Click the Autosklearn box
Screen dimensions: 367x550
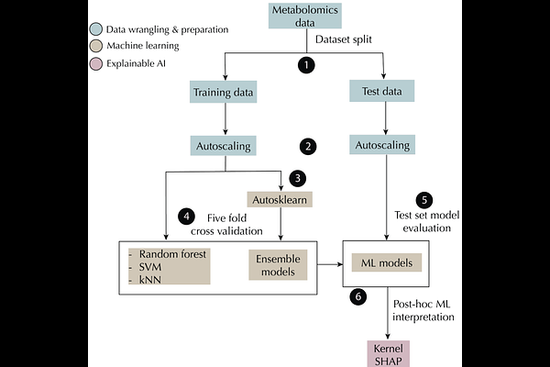tap(280, 199)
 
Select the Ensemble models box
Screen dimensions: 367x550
tap(274, 265)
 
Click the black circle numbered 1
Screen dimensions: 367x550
tap(306, 66)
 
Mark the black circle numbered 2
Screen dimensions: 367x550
tap(308, 146)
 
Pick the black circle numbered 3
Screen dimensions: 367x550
tap(296, 178)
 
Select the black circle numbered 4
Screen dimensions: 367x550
tap(187, 216)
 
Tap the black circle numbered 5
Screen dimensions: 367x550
tap(423, 199)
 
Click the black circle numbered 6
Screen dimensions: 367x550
tap(359, 297)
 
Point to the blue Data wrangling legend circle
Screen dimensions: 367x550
tap(97, 29)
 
